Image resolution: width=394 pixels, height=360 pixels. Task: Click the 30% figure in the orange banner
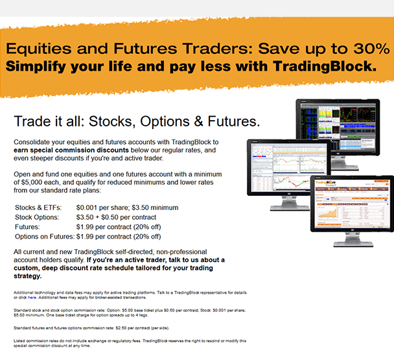click(371, 48)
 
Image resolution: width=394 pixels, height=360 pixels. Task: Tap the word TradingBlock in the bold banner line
click(325, 66)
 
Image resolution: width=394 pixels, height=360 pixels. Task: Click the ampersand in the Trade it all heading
click(198, 121)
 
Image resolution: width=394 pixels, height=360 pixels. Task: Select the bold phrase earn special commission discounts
click(71, 150)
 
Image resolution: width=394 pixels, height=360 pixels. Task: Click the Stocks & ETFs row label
click(38, 208)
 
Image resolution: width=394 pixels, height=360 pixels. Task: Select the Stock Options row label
click(37, 217)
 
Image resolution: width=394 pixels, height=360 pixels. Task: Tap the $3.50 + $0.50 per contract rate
click(116, 217)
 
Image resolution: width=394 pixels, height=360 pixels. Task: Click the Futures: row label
click(27, 227)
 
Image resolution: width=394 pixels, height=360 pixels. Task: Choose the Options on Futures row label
click(45, 237)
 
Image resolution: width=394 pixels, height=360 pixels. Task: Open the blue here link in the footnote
click(32, 297)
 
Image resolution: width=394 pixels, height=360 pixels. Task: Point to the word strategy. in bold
click(28, 276)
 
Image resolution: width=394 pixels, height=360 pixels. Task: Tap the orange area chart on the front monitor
click(327, 214)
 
